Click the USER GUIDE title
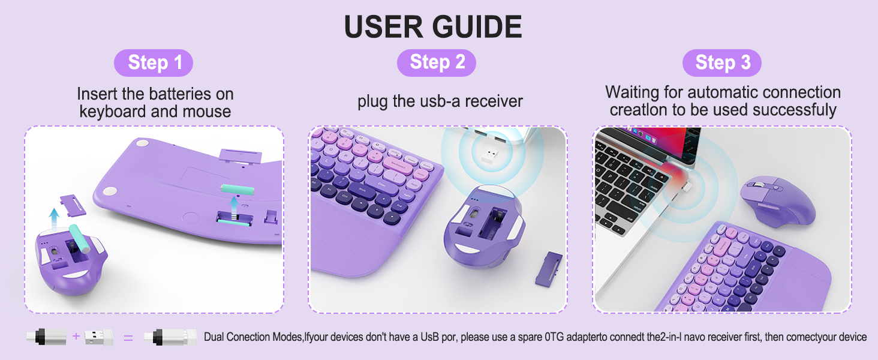pos(432,27)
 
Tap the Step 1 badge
pos(154,63)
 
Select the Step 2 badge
pos(437,62)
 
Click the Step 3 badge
pos(722,63)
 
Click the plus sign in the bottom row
pos(76,337)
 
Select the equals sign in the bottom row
pos(128,338)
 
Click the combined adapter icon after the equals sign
pos(175,337)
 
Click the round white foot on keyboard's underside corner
pos(110,192)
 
